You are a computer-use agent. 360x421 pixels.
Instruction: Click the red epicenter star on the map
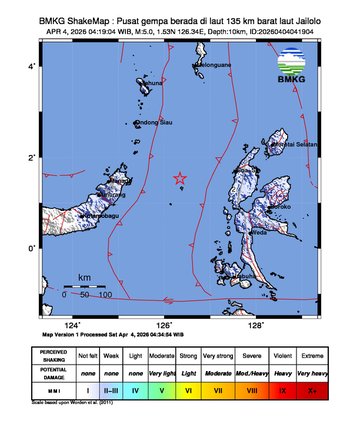(181, 178)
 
